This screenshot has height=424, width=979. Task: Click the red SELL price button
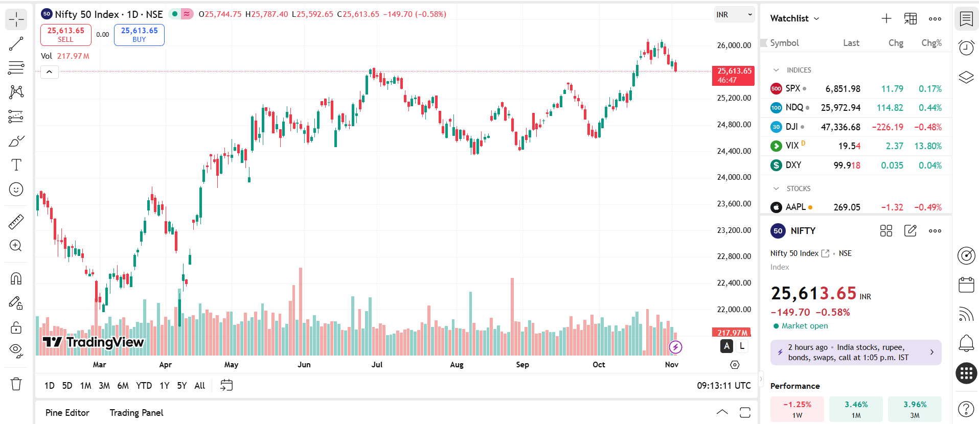(65, 35)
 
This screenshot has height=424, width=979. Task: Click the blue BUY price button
(139, 35)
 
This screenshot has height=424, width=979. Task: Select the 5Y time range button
(181, 386)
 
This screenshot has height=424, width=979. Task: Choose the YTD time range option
(144, 386)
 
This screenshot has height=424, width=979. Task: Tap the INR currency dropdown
(734, 15)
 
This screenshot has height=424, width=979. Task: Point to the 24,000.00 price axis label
(734, 177)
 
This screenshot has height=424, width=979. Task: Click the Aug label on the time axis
(457, 365)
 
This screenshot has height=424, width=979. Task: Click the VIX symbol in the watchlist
(792, 146)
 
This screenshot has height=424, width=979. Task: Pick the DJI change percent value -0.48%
(927, 127)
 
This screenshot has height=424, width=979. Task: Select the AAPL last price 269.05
(847, 207)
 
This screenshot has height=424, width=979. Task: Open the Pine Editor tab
(67, 413)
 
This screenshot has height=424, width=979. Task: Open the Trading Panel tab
(136, 413)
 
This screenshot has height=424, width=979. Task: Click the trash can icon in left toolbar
(16, 384)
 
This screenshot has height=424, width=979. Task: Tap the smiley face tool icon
(16, 190)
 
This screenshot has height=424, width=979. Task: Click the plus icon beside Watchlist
(886, 19)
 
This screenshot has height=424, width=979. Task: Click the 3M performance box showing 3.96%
(915, 409)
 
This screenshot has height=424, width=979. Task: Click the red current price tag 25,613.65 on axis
(734, 75)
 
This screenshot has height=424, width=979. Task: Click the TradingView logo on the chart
(93, 342)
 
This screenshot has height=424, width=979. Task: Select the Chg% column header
(931, 43)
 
